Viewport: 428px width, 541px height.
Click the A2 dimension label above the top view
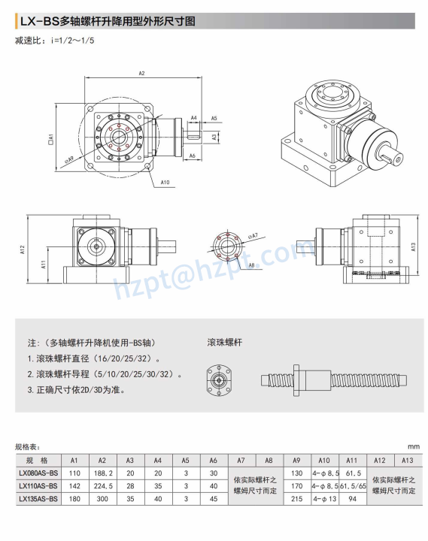(x=141, y=74)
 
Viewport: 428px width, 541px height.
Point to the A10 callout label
(x=165, y=182)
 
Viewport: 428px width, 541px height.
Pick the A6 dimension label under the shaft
(x=193, y=156)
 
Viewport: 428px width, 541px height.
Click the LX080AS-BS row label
(x=37, y=473)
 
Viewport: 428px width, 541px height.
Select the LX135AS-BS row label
(x=37, y=498)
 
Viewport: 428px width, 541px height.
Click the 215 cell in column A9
(x=296, y=498)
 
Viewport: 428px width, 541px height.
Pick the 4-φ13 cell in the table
(x=324, y=498)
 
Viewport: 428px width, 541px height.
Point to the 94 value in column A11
(x=351, y=498)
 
